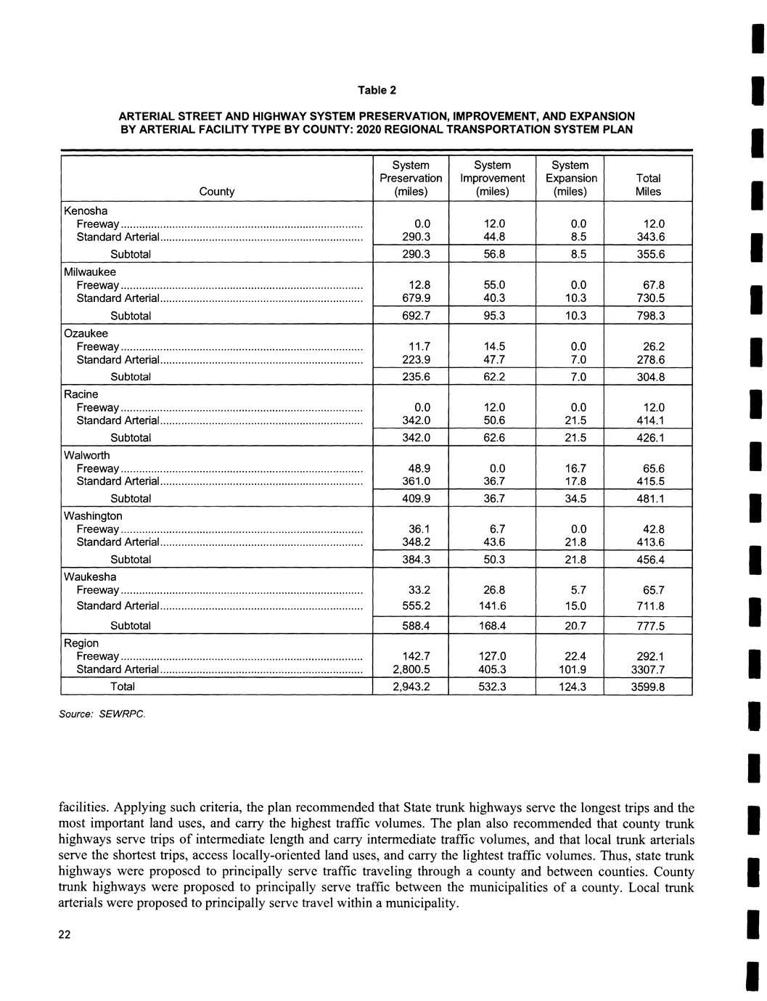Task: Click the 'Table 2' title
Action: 377,91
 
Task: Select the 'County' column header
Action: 216,192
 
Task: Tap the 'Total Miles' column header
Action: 648,185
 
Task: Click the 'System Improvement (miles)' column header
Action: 492,179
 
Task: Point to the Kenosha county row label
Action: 86,211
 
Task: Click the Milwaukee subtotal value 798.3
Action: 649,316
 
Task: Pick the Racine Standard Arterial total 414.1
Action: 649,421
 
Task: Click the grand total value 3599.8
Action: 647,687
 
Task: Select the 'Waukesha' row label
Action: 90,577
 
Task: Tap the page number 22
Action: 65,935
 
